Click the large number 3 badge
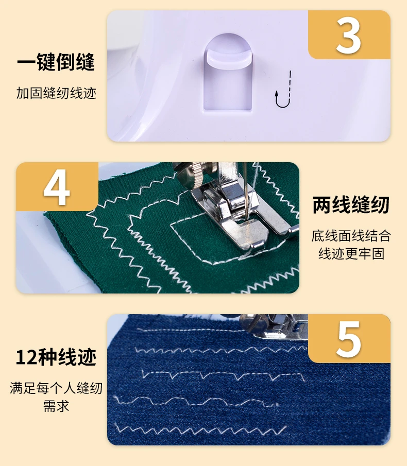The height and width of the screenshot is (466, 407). (x=349, y=35)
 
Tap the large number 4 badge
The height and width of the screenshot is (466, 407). (x=57, y=186)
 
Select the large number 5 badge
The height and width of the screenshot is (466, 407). (x=349, y=338)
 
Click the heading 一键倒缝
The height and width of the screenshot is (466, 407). (x=56, y=62)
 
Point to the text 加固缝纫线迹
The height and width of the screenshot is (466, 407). (x=56, y=93)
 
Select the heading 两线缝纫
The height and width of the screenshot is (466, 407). (x=351, y=205)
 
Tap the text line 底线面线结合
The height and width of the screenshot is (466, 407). (x=351, y=236)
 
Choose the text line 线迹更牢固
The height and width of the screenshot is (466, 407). (x=351, y=254)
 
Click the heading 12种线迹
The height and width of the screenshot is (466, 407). (x=56, y=357)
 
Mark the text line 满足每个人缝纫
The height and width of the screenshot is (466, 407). (x=56, y=388)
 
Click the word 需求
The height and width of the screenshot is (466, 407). (x=56, y=406)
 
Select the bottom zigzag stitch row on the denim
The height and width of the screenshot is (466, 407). (x=201, y=429)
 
